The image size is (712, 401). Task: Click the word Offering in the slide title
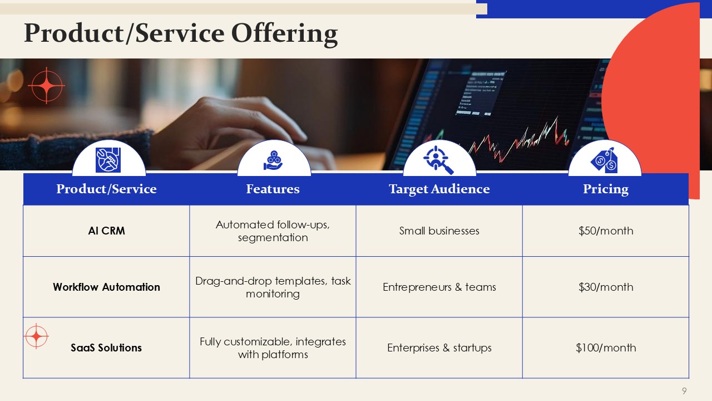tap(284, 34)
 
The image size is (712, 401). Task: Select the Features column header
tap(273, 189)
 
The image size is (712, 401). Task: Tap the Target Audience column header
tap(439, 189)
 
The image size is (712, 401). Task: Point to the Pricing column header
tap(606, 189)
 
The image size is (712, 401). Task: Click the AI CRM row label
tap(106, 231)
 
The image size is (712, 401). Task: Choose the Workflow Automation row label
tap(106, 287)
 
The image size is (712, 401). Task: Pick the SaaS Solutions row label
tap(106, 348)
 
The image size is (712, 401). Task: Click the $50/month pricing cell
tap(606, 231)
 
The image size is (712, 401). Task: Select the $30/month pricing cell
tap(606, 287)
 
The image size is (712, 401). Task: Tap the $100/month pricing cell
tap(606, 348)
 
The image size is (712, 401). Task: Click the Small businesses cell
tap(439, 231)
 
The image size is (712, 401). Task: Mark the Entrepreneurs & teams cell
tap(439, 287)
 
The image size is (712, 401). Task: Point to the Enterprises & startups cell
tap(439, 348)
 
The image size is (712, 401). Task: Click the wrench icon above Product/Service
tap(108, 160)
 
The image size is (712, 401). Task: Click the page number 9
tap(684, 391)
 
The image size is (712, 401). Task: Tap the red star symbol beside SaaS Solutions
tap(36, 336)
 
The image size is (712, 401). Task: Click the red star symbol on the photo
tap(46, 86)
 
